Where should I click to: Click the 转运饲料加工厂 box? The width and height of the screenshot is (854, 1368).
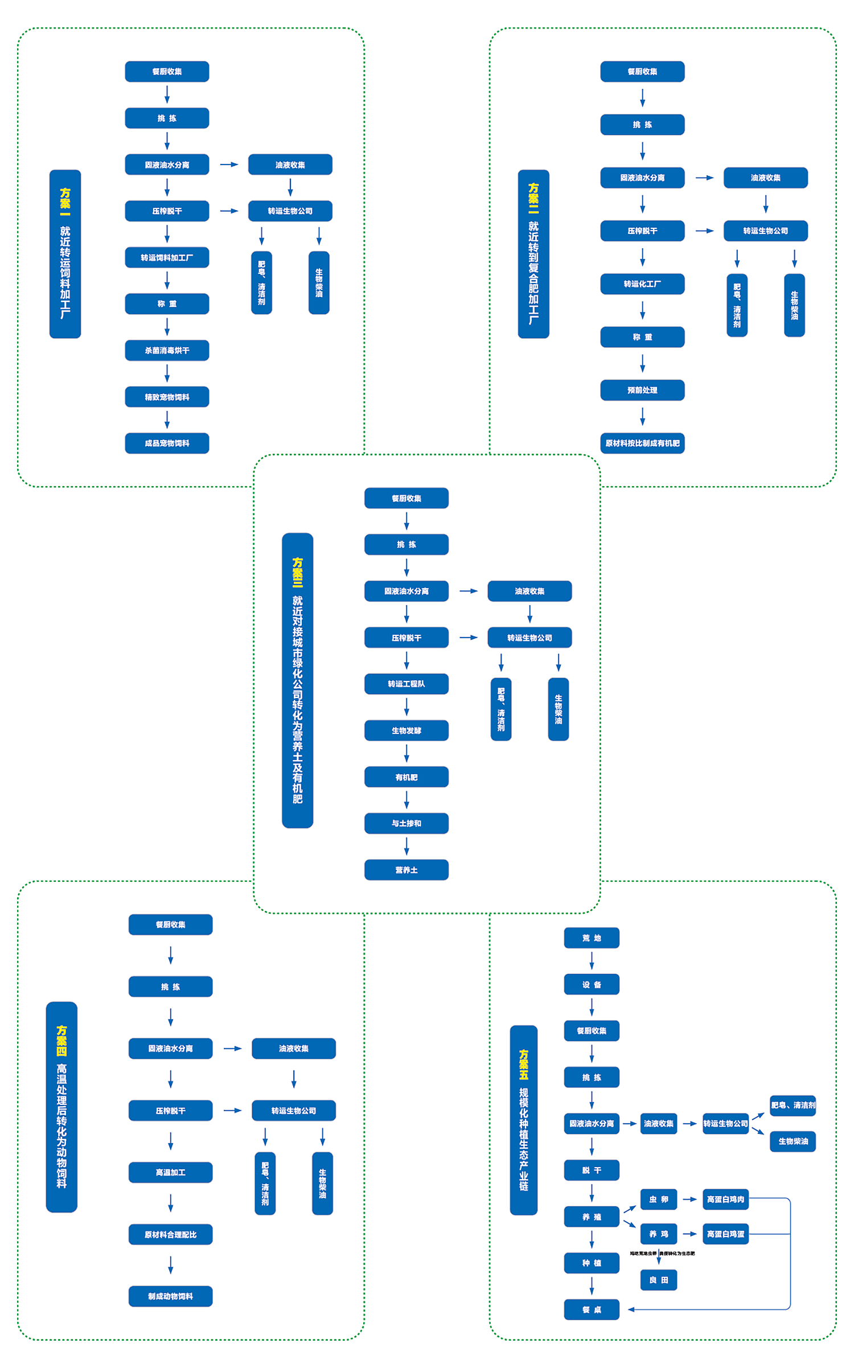pos(167,257)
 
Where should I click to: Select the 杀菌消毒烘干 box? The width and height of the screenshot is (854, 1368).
pos(167,350)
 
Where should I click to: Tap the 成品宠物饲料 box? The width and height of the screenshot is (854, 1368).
pos(167,443)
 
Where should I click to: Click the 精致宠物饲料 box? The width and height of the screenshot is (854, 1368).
pos(167,397)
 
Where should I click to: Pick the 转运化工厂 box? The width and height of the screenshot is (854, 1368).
pos(642,284)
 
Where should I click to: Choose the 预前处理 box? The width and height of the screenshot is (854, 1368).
pos(642,390)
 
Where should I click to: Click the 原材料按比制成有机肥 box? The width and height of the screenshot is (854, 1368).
pos(642,443)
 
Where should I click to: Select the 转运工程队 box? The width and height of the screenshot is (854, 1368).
pos(406,684)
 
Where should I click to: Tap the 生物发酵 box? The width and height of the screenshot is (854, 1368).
pos(406,730)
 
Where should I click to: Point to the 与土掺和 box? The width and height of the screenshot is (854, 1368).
pos(406,823)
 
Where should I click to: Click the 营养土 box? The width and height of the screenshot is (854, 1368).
pos(406,870)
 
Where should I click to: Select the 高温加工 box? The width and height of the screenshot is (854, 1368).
pos(170,1172)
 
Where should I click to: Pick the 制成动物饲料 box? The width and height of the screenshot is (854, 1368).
pos(170,1296)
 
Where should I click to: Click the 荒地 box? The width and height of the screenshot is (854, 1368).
pos(592,938)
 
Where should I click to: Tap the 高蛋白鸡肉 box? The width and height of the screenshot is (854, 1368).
pos(725,1199)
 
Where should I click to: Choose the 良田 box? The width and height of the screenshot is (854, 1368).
pos(659,1280)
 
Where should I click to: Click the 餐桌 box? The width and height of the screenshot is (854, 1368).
pos(592,1309)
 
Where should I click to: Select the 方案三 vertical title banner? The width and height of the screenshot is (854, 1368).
pos(297,680)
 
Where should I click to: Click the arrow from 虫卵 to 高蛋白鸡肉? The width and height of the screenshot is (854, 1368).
pos(689,1199)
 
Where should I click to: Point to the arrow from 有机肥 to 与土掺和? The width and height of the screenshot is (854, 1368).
pos(407,800)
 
